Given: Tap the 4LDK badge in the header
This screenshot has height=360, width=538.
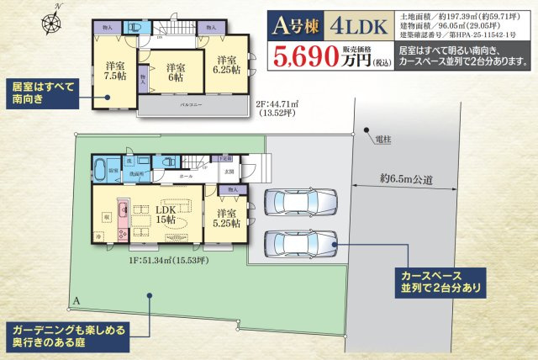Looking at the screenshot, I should point(361,25).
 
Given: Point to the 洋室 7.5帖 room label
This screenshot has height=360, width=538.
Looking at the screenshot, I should point(115,71).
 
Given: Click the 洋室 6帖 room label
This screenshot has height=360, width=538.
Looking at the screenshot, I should point(175,73).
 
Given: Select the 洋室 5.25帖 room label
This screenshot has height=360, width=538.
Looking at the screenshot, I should point(228,218).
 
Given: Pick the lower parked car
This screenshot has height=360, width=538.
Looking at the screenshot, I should point(300,243).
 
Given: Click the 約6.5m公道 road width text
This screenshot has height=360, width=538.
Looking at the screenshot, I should point(408,178).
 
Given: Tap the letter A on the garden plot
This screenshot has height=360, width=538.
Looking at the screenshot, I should point(76,300).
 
